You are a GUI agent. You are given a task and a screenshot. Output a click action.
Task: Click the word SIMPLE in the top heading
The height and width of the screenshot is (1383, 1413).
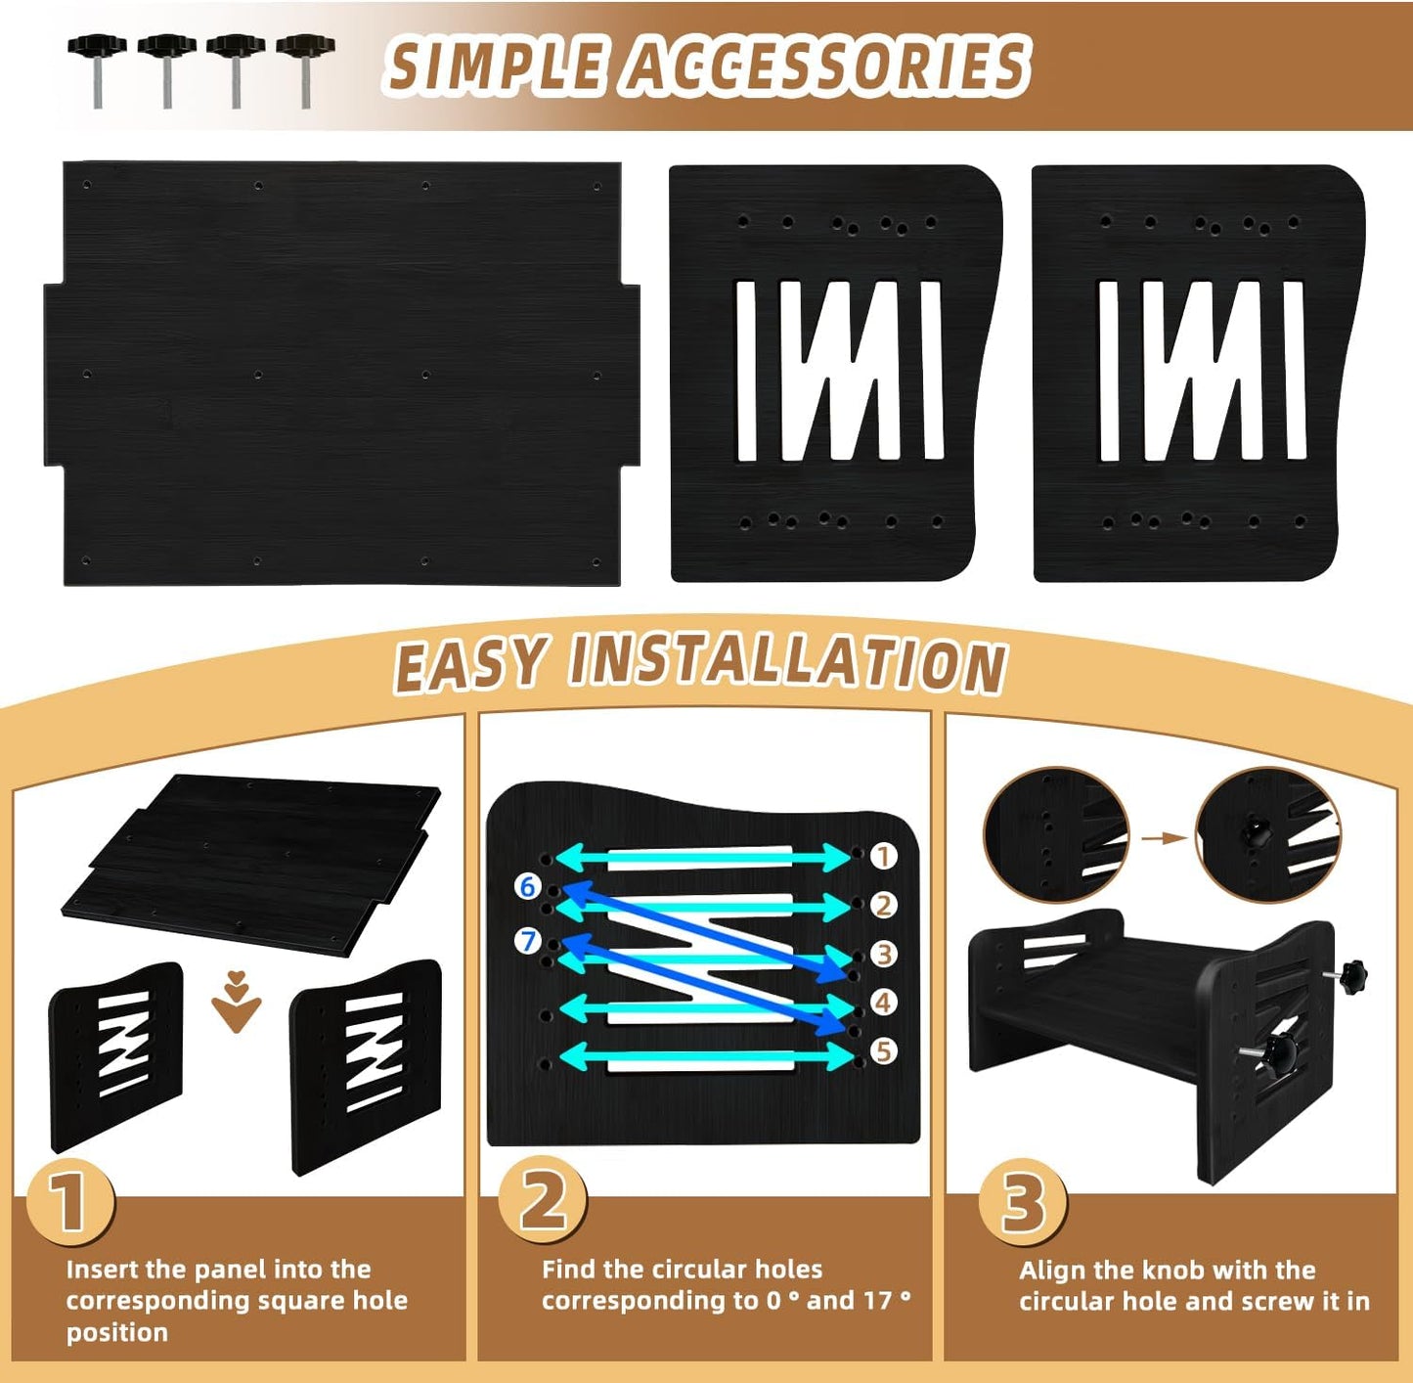(495, 67)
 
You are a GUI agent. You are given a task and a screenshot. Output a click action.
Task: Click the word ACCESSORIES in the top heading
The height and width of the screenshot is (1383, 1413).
(828, 67)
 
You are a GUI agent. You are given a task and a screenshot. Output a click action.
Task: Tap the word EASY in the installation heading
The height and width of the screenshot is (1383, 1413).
(469, 663)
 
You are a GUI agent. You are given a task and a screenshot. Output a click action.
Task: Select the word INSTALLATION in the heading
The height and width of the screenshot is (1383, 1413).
(788, 663)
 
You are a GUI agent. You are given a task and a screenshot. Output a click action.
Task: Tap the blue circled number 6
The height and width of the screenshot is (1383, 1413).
(528, 885)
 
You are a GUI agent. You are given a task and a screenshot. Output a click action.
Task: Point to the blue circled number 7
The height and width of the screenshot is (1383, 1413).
(528, 941)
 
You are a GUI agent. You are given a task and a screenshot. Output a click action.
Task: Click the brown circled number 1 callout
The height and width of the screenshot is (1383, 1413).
(883, 856)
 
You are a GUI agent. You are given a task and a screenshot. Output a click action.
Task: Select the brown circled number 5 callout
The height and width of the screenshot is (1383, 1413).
(883, 1051)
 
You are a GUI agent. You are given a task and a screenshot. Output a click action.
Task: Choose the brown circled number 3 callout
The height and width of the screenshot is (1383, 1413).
(884, 954)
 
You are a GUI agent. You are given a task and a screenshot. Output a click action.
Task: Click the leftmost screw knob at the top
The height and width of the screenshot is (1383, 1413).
(98, 70)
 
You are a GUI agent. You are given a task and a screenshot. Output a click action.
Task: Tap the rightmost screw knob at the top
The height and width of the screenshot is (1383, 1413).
(306, 70)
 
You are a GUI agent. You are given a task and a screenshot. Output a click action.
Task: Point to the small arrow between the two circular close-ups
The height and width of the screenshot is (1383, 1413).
(1164, 838)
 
